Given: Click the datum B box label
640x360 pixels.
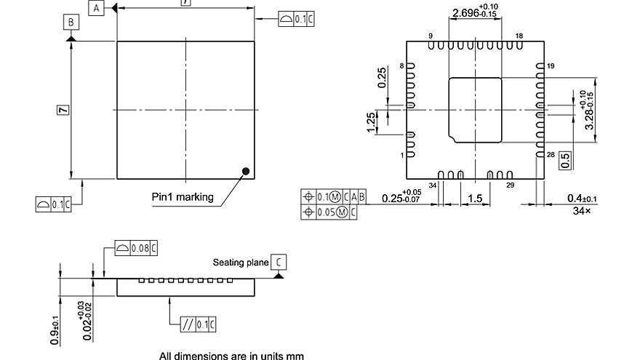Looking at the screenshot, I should coord(71,23).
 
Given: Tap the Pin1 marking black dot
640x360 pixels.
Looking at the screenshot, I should coord(246,171).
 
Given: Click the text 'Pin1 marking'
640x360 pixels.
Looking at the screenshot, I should coord(183,197).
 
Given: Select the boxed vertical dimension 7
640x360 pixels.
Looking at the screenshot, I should coord(63,110).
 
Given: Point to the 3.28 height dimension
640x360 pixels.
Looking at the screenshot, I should coord(589,110).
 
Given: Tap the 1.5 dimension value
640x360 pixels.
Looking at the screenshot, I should coord(476,199).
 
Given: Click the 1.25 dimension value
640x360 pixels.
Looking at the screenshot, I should coord(371,122).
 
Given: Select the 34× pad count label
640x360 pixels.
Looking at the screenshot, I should coord(583,211).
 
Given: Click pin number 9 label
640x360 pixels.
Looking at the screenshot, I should coord(431,36).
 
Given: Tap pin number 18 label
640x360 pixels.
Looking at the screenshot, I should coord(519,36).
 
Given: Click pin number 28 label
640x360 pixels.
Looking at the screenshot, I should coord(550,155).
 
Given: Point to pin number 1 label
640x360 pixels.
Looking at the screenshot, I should coord(401,155).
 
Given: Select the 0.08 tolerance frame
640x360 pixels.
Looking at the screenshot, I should coord(136,249).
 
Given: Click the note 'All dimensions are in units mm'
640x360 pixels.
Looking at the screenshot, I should coord(232,356).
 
